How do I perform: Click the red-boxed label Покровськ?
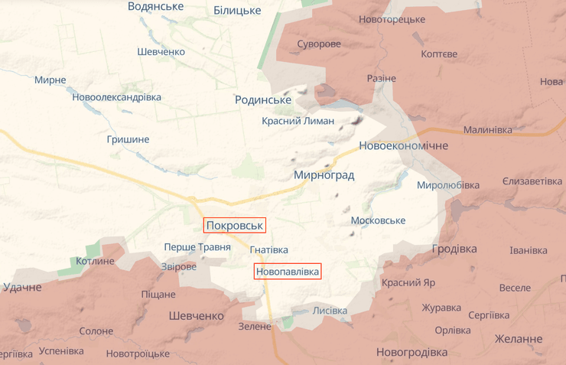pyautogui.click(x=234, y=225)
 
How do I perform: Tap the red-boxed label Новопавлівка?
pyautogui.click(x=288, y=271)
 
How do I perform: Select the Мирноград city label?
pyautogui.click(x=324, y=175)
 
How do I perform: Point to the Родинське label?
pyautogui.click(x=263, y=100)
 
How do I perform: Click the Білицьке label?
pyautogui.click(x=237, y=11)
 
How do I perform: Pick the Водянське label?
pyautogui.click(x=155, y=6)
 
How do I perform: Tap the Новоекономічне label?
pyautogui.click(x=403, y=145)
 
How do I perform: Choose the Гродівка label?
pyautogui.click(x=454, y=249)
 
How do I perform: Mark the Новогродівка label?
pyautogui.click(x=411, y=352)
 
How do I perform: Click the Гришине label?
pyautogui.click(x=128, y=139)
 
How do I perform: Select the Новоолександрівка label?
pyautogui.click(x=117, y=97)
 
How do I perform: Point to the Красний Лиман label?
pyautogui.click(x=298, y=121)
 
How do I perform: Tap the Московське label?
pyautogui.click(x=378, y=220)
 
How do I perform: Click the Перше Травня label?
pyautogui.click(x=197, y=247)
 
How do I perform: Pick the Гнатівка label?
pyautogui.click(x=269, y=250)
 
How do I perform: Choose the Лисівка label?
pyautogui.click(x=330, y=311)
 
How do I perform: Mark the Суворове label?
pyautogui.click(x=318, y=44)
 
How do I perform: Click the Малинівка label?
pyautogui.click(x=487, y=130)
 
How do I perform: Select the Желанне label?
pyautogui.click(x=519, y=339)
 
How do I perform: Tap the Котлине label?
pyautogui.click(x=95, y=261)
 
